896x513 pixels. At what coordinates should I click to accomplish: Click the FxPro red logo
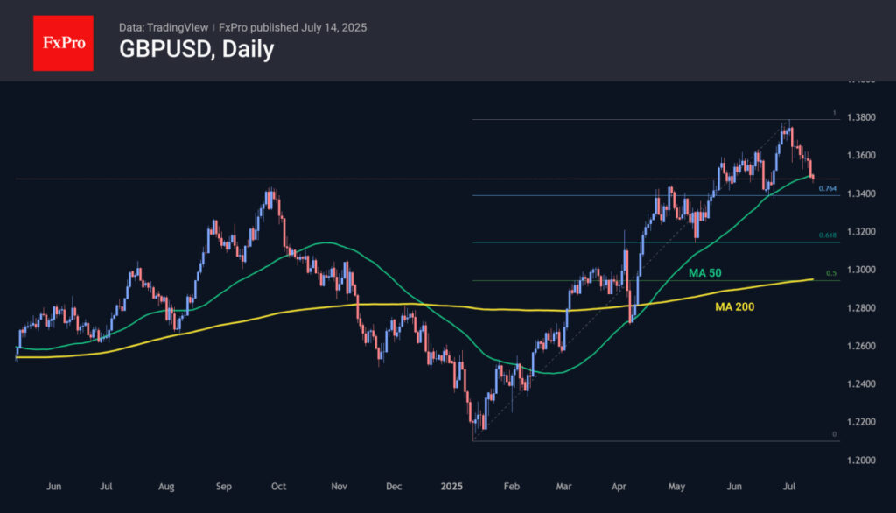[x=63, y=41]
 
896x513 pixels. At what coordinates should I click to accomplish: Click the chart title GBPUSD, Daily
[x=196, y=50]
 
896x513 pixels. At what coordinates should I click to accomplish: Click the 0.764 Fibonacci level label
[x=827, y=188]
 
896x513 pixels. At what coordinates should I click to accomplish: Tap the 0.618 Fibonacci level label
[x=827, y=236]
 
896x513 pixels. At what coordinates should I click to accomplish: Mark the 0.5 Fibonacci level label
[x=831, y=274]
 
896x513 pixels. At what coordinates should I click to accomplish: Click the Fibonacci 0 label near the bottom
[x=834, y=434]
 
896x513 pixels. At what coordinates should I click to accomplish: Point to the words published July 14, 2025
[x=316, y=27]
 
